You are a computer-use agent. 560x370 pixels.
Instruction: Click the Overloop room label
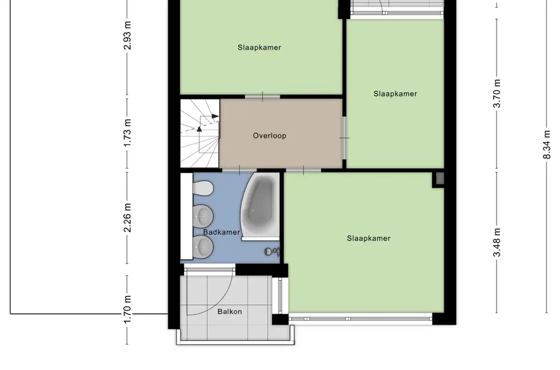[x=270, y=136]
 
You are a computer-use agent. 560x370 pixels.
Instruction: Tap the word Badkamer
[x=222, y=233]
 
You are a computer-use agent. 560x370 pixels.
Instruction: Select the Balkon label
[x=229, y=311]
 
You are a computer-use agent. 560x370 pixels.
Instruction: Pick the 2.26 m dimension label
[x=127, y=217]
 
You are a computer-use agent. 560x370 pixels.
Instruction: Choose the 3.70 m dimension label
[x=497, y=93]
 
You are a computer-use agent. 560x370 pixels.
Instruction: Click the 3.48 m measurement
[x=497, y=242]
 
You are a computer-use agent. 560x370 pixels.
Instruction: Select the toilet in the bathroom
[x=203, y=188]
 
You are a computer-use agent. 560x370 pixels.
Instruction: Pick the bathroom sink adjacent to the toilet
[x=203, y=215]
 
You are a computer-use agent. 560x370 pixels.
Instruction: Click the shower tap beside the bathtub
[x=272, y=252]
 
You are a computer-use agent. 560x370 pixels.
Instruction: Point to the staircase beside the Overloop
[x=200, y=134]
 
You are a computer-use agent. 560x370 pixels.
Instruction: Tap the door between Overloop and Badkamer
[x=239, y=170]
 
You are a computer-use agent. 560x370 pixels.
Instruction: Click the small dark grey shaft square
[x=439, y=178]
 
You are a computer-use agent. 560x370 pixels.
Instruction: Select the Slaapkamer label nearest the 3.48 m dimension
[x=369, y=239]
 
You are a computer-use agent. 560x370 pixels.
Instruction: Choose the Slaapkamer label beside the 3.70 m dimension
[x=395, y=94]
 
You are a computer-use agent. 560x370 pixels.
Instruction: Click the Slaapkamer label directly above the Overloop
[x=260, y=47]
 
